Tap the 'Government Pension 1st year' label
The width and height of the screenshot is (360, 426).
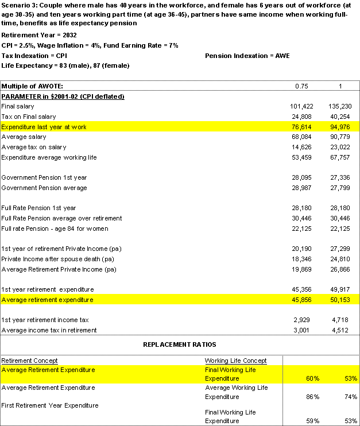coord(44,177)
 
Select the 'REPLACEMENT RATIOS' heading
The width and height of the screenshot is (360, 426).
coord(179,344)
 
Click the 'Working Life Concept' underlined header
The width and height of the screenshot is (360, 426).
coord(235,361)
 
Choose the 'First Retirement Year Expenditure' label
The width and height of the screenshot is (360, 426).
coord(50,405)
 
